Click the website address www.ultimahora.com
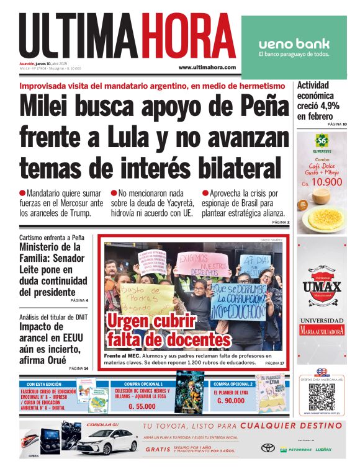[x=207, y=67]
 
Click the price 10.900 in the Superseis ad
[x=325, y=182]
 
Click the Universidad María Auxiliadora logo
[x=322, y=326]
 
